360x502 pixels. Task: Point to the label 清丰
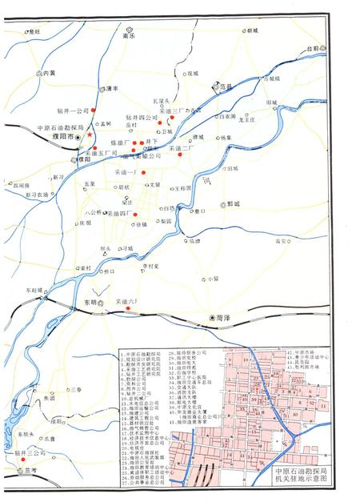pyautogui.click(x=112, y=88)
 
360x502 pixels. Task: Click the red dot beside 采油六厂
pyautogui.click(x=128, y=307)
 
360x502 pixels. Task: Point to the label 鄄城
pyautogui.click(x=234, y=204)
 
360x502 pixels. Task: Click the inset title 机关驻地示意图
pyautogui.click(x=301, y=482)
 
